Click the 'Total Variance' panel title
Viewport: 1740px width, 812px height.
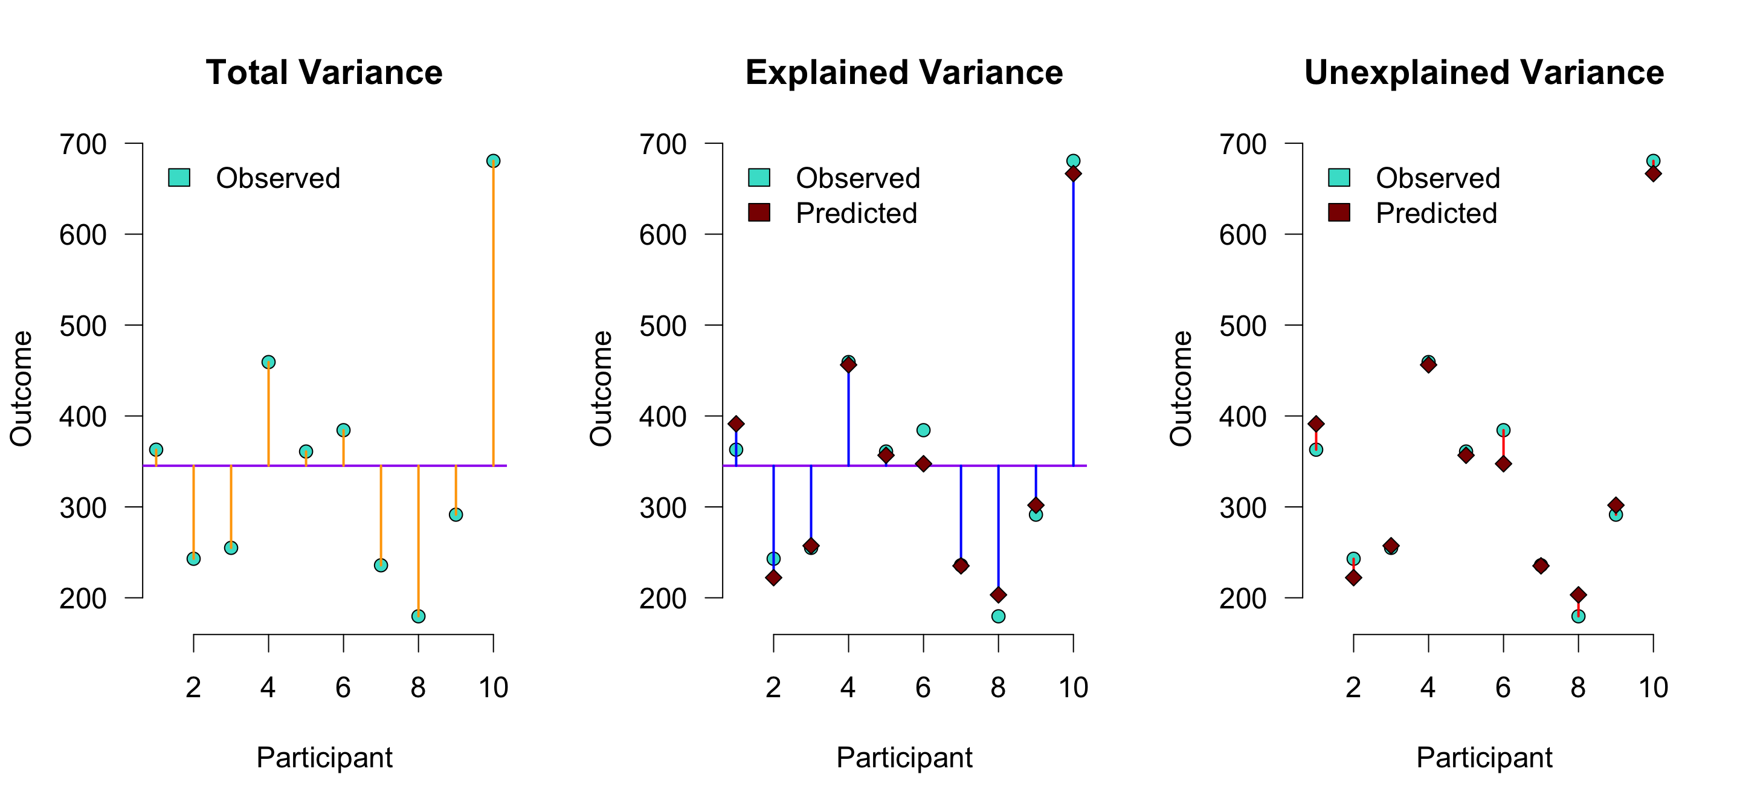click(x=324, y=72)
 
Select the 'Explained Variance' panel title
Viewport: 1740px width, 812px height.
click(x=904, y=72)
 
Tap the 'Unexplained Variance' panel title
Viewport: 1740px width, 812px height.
click(x=1484, y=72)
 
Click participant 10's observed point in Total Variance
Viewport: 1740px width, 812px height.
click(x=493, y=161)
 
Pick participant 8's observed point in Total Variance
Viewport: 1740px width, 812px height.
click(x=418, y=616)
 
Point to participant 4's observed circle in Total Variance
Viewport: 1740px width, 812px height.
click(x=268, y=362)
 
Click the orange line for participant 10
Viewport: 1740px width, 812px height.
click(x=493, y=311)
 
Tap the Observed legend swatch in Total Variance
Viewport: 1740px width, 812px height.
click(x=179, y=178)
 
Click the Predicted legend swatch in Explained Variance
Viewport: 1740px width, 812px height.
click(x=759, y=213)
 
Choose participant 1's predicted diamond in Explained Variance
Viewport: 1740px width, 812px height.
click(x=736, y=424)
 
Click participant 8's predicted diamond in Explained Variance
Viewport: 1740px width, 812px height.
click(x=998, y=594)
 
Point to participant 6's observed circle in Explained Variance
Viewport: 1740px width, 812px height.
click(x=923, y=430)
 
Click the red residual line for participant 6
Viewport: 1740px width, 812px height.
click(x=1504, y=447)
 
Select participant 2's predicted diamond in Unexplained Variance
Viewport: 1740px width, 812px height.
click(x=1353, y=578)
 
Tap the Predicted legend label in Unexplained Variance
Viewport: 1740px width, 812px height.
click(x=1437, y=213)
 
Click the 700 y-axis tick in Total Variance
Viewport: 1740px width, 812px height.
click(x=83, y=144)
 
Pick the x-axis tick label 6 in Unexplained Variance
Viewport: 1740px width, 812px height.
click(x=1503, y=688)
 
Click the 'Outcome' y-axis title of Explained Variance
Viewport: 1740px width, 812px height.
click(x=601, y=388)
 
